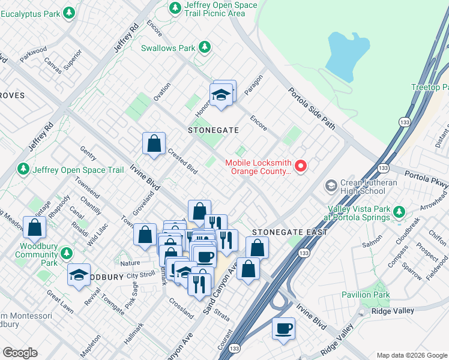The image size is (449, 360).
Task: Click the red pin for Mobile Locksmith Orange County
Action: pos(302,166)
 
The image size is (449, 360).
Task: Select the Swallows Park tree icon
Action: pos(205,47)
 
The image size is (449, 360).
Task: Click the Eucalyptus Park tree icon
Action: pos(69,12)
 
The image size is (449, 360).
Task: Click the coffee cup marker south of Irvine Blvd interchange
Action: pos(283,329)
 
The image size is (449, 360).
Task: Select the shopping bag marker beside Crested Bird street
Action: pos(154,144)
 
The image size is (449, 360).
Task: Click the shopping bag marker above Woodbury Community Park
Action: pos(35,228)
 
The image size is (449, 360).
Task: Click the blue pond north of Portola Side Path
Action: pos(348,56)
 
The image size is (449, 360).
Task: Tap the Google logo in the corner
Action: pos(20,353)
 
